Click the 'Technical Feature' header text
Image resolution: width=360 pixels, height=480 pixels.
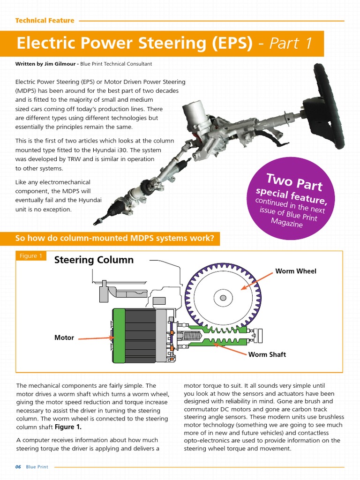[45, 21]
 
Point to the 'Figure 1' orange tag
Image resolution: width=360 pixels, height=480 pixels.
[31, 256]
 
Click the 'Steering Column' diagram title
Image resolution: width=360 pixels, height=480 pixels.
[94, 260]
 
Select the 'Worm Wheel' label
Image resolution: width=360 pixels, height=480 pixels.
[295, 271]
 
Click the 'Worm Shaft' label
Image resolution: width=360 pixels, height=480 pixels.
[267, 354]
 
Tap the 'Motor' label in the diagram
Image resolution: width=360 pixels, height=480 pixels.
[64, 337]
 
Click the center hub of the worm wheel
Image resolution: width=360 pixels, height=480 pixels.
[223, 298]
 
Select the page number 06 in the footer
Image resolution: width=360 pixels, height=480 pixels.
[18, 467]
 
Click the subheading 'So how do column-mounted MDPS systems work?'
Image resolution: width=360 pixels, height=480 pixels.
[115, 238]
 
